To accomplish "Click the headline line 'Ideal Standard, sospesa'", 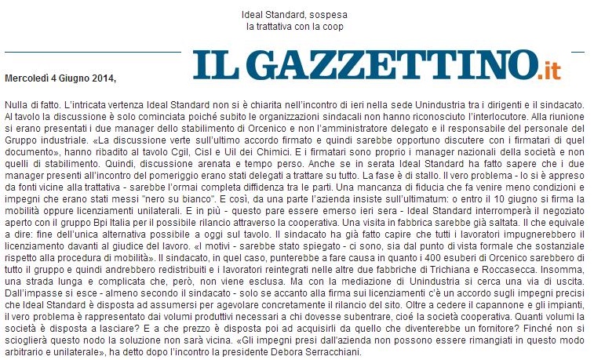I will [x=297, y=16].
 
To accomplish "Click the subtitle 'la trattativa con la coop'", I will [x=296, y=27].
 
